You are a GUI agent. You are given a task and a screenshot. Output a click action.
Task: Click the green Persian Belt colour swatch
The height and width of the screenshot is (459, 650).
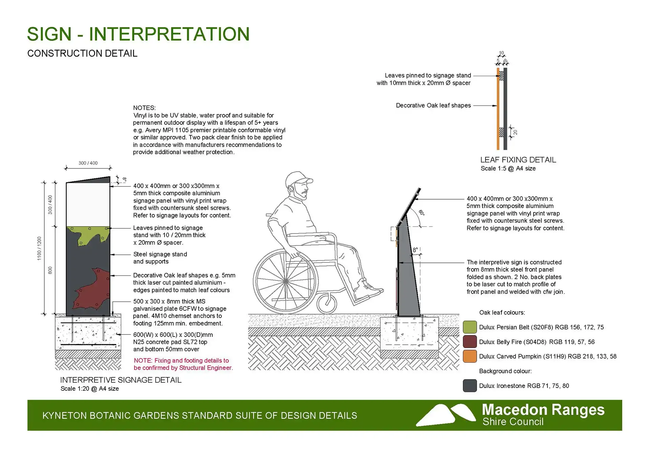coord(470,327)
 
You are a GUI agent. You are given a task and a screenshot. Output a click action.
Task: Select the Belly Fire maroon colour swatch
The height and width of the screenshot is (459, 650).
coord(470,342)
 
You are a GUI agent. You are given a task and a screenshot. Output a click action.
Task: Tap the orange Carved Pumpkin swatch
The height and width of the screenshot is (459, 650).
coord(470,356)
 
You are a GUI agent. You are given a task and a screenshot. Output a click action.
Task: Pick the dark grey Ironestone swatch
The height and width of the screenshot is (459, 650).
coord(470,386)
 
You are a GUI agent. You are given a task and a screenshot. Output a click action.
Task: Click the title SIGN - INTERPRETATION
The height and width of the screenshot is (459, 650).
coord(138,34)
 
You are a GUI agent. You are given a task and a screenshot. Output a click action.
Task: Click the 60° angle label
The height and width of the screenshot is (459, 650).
coord(421,213)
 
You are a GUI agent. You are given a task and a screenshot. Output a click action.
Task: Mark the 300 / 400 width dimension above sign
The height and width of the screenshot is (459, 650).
coord(88,163)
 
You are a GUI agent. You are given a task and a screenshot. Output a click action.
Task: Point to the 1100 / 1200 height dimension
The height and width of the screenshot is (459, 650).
coord(39,249)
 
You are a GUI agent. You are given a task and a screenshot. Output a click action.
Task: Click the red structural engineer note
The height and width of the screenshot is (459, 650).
coord(183,364)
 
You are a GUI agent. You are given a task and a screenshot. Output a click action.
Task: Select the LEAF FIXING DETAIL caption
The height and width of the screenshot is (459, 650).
coord(518,160)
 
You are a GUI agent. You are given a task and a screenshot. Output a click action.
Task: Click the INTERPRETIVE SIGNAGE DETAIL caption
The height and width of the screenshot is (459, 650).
coord(121,380)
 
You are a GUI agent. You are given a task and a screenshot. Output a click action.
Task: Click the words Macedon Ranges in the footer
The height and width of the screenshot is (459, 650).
coord(543,410)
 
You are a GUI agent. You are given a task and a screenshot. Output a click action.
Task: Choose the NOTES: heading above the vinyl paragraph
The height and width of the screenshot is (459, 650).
coord(145,108)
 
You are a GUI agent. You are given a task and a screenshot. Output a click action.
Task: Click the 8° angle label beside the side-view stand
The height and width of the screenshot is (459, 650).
coord(415,250)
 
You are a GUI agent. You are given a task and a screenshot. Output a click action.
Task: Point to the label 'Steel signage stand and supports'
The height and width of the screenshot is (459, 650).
coord(160,258)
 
